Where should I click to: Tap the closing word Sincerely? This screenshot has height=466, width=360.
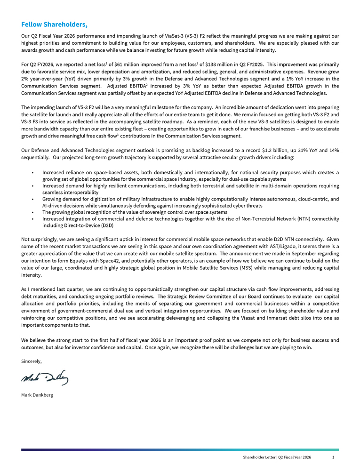32,361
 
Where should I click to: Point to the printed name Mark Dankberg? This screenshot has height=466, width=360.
37,394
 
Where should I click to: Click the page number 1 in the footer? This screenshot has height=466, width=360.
333,457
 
